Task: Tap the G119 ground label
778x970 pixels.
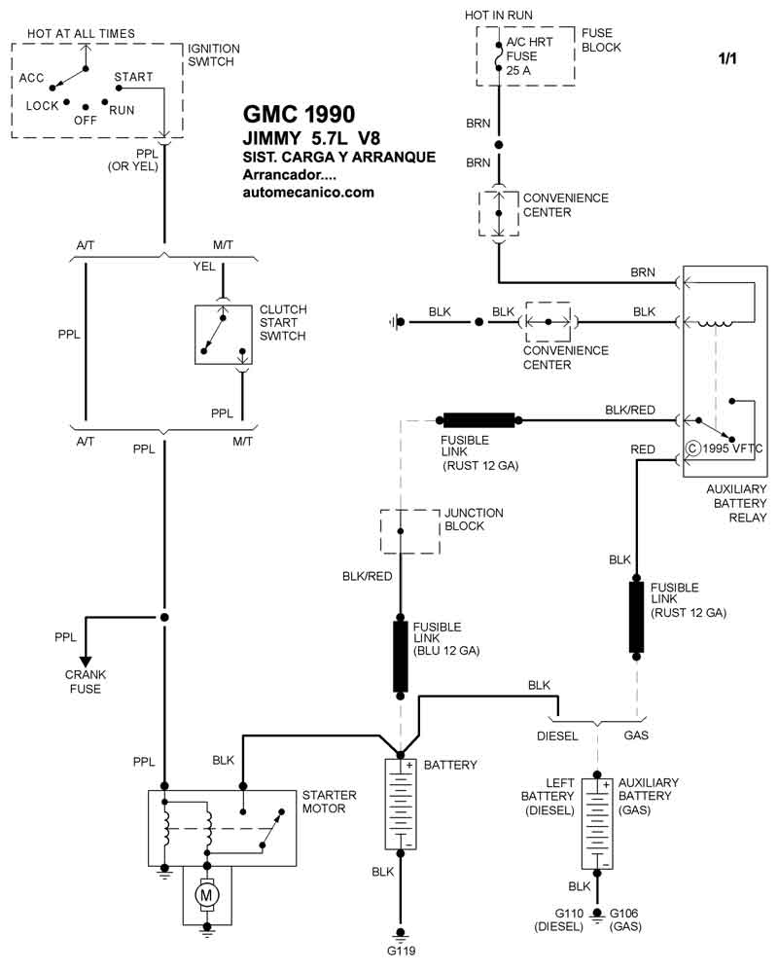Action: [401, 952]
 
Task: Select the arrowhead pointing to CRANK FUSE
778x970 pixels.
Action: [86, 662]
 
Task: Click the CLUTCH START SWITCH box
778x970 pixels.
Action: [224, 335]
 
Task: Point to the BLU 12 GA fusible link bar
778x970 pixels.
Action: [401, 656]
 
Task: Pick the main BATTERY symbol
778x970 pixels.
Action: [401, 805]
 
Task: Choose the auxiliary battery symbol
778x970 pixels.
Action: [597, 823]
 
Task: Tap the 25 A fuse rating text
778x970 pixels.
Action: [518, 70]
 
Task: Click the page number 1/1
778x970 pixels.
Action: [727, 58]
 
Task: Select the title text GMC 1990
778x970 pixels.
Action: [299, 114]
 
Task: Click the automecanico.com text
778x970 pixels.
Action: [308, 192]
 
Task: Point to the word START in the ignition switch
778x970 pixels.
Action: [133, 77]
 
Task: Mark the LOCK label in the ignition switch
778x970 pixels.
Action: [42, 106]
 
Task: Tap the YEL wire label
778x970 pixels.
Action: [204, 267]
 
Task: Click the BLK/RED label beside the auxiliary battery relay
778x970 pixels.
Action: [629, 411]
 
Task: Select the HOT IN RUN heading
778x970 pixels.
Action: [499, 16]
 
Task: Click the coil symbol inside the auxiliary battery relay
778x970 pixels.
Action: [716, 323]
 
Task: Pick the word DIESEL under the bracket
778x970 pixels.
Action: [557, 736]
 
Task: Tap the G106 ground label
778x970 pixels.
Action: [624, 914]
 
